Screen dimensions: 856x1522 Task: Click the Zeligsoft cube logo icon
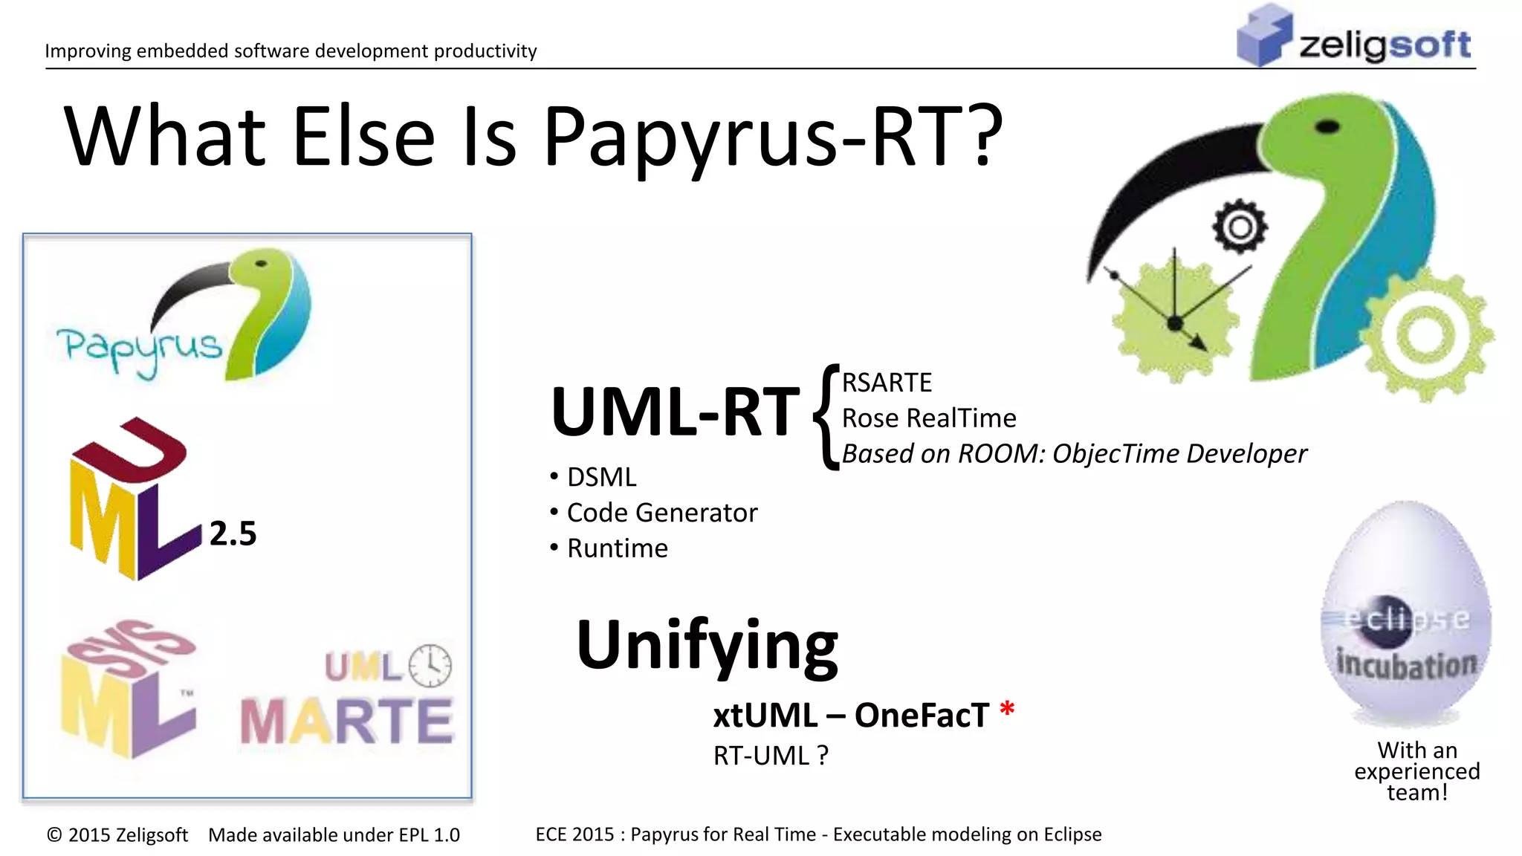(x=1263, y=36)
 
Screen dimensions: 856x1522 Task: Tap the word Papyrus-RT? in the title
(x=773, y=137)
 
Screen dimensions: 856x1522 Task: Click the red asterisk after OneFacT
(x=1007, y=709)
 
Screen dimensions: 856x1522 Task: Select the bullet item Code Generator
(x=661, y=513)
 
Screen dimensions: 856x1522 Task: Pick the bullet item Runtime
(x=617, y=548)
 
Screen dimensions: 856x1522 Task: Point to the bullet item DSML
(x=601, y=477)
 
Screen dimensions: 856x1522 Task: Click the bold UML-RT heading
(x=675, y=412)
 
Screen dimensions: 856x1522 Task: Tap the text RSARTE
(x=887, y=383)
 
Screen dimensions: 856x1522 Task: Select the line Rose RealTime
(x=929, y=418)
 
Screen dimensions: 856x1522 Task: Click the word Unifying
(x=707, y=645)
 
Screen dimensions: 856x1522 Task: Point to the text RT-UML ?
(x=771, y=756)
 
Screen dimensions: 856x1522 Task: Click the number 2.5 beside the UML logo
(x=233, y=534)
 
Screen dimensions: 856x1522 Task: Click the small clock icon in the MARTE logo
(x=430, y=665)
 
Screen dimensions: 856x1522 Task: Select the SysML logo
(x=128, y=687)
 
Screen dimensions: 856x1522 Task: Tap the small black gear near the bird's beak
(x=1240, y=227)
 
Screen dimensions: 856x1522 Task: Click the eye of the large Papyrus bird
(x=1327, y=127)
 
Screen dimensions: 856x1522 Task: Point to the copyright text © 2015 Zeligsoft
(x=117, y=835)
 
